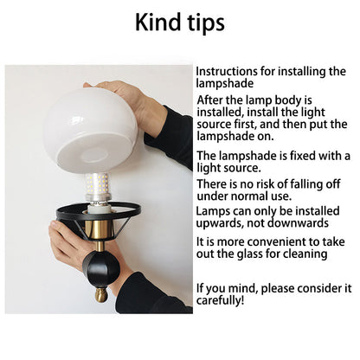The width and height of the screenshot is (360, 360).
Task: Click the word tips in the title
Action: click(x=206, y=23)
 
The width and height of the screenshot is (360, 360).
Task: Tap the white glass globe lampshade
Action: click(x=90, y=130)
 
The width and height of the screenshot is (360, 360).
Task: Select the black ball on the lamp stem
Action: click(x=101, y=268)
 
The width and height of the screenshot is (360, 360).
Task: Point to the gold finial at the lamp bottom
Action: click(x=101, y=294)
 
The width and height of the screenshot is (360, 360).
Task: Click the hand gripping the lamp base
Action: click(x=67, y=242)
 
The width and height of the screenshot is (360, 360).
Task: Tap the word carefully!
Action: click(x=220, y=300)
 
